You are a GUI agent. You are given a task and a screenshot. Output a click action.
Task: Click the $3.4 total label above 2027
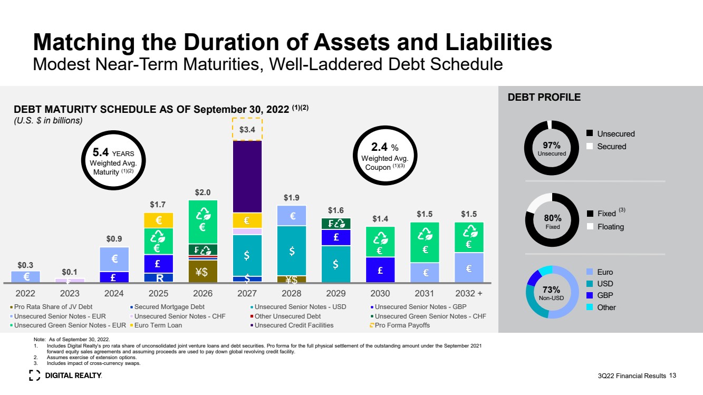247,129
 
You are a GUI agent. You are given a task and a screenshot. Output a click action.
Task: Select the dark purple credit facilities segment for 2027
247,176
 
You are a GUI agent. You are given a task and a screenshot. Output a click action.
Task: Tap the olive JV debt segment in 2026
203,272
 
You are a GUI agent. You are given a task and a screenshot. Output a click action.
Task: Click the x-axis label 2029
336,293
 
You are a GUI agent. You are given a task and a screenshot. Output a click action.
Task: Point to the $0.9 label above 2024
114,239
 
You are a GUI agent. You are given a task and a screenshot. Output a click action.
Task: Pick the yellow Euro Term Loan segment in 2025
158,220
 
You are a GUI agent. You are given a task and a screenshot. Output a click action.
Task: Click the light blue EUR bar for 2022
26,276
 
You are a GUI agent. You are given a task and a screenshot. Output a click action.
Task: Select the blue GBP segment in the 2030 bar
380,269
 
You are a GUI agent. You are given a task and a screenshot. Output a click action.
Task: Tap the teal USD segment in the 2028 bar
292,251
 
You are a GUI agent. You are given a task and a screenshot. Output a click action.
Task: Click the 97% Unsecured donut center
552,148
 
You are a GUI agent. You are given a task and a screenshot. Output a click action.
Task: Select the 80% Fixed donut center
552,221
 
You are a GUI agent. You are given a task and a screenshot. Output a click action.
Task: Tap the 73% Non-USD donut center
552,292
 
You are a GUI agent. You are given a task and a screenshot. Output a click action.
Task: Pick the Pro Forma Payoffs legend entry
401,325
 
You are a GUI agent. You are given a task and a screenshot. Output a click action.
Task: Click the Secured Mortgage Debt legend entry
167,307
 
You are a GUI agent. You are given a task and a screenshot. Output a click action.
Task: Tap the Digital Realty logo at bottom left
65,375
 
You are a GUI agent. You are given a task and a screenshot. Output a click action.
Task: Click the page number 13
672,375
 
